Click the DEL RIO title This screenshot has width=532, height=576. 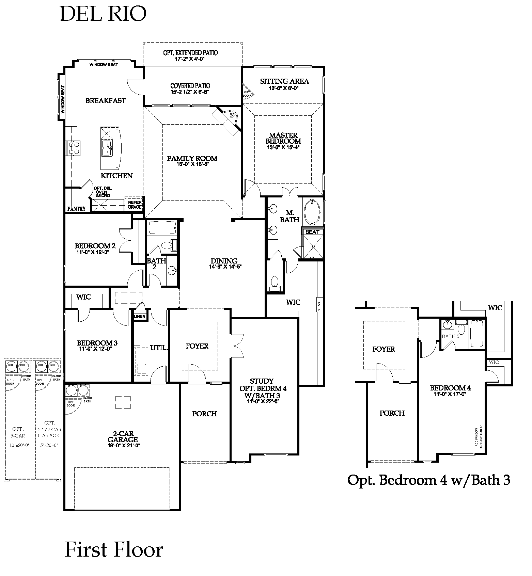pos(103,14)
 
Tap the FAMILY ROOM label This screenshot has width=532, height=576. pos(192,158)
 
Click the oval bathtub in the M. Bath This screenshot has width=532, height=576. pos(312,211)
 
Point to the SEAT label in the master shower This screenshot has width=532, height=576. pos(312,232)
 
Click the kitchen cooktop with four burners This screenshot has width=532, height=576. pos(74,148)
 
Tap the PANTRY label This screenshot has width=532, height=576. pos(76,209)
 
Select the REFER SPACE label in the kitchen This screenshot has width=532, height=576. pos(135,205)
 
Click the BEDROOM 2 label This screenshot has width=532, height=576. pos(95,246)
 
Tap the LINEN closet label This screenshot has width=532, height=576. pos(140,317)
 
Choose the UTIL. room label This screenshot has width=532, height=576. pos(159,348)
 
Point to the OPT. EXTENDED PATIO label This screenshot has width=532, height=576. pos(190,53)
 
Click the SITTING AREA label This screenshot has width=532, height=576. pos(284,81)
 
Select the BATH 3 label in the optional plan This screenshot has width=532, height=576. pos(451,336)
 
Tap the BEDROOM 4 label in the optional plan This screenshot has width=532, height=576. pos(450,388)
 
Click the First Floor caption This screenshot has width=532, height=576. pos(114,550)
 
